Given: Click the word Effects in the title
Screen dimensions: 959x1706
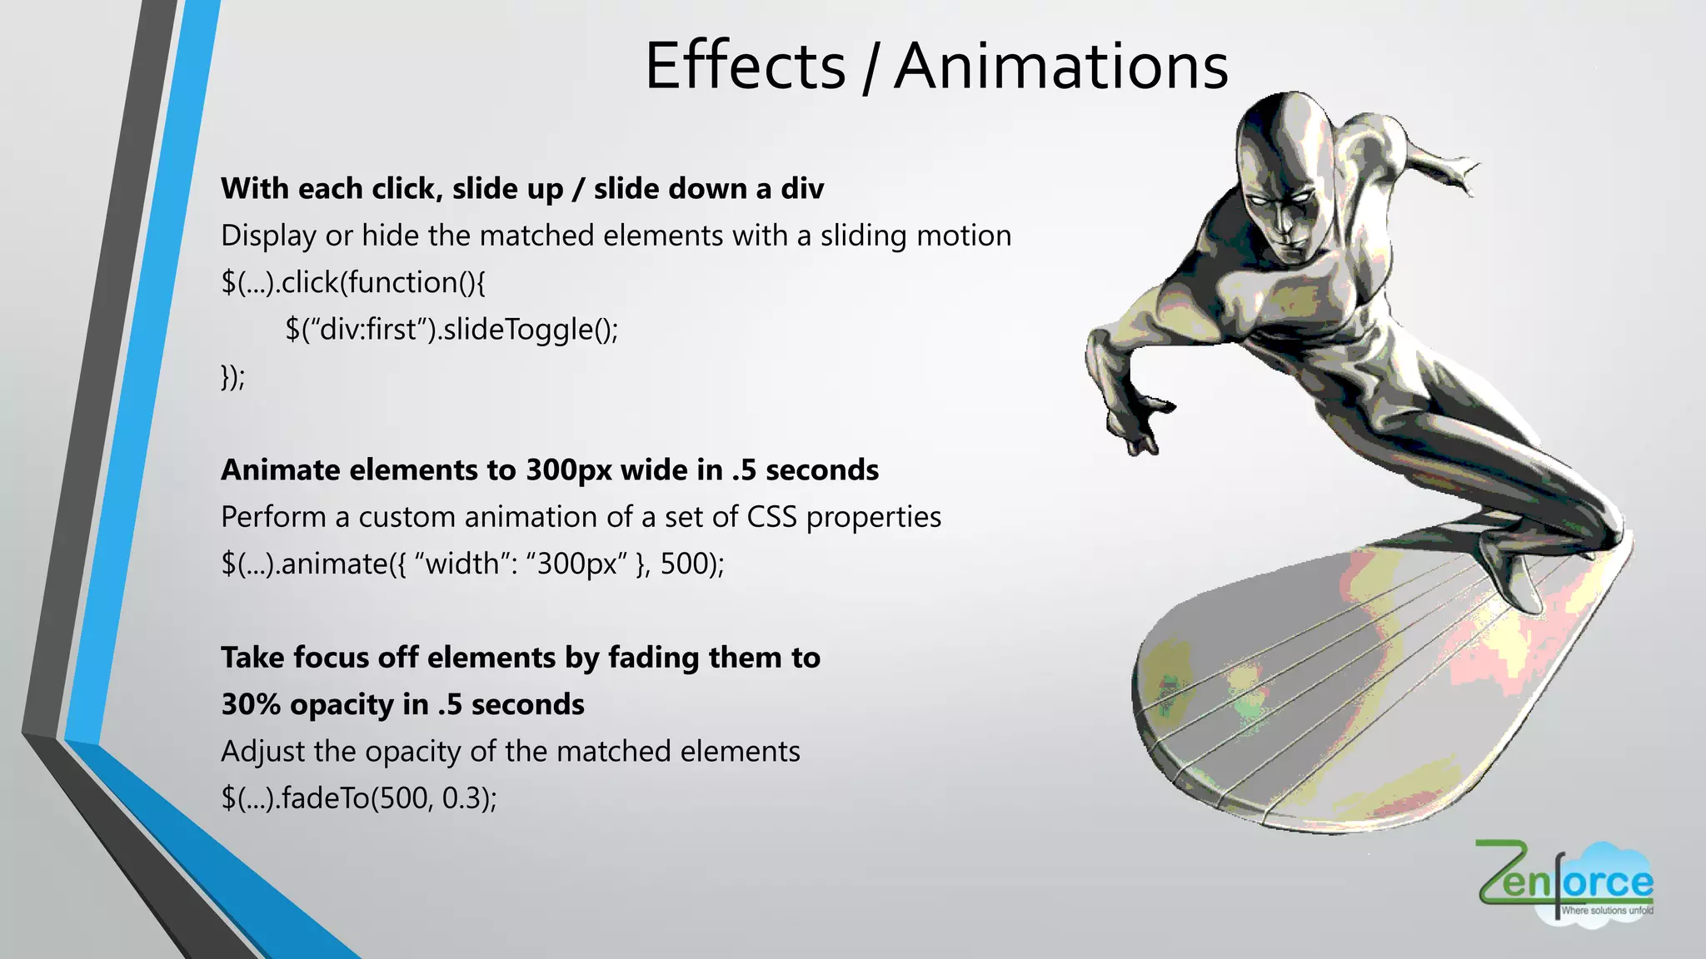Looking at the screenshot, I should click(745, 67).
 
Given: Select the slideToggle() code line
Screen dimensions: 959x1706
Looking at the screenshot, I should click(451, 330).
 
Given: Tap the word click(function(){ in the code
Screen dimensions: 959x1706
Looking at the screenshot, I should click(383, 283).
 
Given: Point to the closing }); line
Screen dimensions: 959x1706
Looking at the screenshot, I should click(233, 377).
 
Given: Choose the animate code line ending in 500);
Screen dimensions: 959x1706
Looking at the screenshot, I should click(472, 564).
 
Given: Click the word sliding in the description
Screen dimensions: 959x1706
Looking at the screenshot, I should click(863, 236).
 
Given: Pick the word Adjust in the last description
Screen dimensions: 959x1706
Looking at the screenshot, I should click(263, 752).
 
